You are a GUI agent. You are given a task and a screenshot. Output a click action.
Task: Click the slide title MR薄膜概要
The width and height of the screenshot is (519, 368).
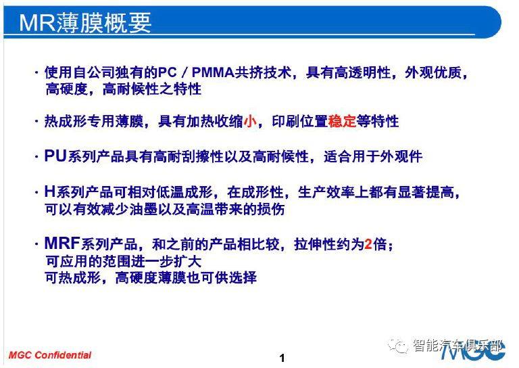[85, 22]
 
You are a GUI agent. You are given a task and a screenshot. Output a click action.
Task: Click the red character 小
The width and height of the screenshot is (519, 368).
[250, 121]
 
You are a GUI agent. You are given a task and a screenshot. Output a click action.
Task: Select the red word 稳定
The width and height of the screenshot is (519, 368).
[342, 121]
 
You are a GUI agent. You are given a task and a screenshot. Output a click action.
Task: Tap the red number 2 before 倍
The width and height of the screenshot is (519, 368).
[368, 244]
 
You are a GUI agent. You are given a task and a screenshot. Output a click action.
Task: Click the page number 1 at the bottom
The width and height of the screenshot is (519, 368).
[282, 358]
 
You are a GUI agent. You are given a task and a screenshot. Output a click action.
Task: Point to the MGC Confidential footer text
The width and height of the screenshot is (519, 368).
[49, 355]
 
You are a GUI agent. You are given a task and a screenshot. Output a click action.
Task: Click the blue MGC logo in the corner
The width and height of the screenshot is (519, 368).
[472, 352]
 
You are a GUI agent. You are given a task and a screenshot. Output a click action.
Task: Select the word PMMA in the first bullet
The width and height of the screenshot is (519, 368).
[213, 72]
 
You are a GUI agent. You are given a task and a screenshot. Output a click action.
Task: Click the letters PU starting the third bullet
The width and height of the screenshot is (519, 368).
[55, 156]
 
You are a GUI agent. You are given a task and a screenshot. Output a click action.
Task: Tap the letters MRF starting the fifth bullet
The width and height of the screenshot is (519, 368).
[62, 244]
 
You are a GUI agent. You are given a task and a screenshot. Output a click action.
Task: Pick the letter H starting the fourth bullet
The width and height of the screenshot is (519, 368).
[49, 191]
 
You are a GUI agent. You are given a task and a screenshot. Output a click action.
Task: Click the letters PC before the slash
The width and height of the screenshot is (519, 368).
[168, 72]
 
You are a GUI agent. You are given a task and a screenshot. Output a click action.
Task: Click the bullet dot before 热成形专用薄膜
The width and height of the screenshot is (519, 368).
[36, 121]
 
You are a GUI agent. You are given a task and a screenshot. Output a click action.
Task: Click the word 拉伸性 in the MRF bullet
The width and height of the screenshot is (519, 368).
[315, 244]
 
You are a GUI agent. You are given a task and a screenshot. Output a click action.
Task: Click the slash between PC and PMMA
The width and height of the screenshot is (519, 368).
[184, 72]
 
